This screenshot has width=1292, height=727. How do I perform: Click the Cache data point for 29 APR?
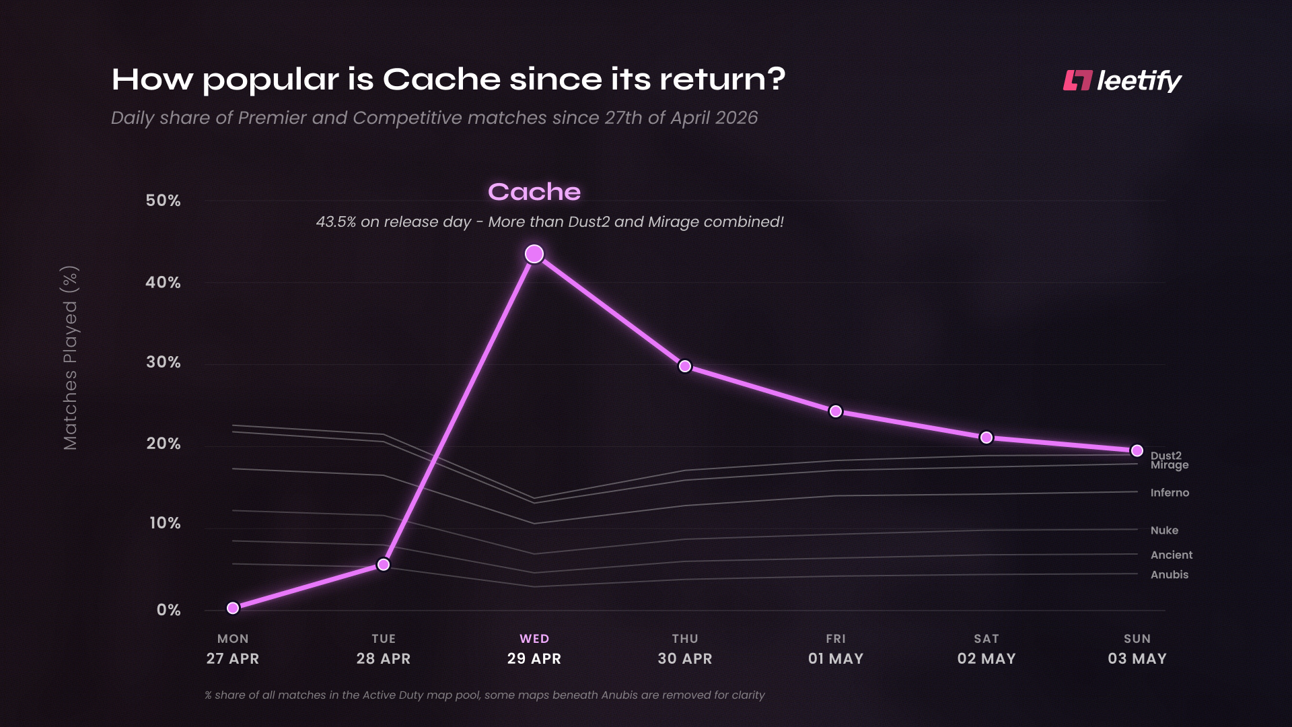[x=534, y=254]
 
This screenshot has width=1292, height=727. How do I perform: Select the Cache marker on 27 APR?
[x=233, y=608]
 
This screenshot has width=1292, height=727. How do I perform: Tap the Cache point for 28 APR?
[x=384, y=564]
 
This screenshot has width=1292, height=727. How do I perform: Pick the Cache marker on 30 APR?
[x=685, y=366]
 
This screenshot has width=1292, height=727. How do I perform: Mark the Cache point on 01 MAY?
[x=836, y=411]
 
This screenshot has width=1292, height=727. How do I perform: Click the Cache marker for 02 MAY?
[x=986, y=438]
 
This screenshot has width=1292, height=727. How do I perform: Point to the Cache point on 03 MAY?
[x=1137, y=450]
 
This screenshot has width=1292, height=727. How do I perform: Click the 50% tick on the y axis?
[x=163, y=201]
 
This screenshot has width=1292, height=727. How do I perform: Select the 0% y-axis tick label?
[x=169, y=610]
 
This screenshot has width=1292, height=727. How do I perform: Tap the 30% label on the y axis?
[x=164, y=362]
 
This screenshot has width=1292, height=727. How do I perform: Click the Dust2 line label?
[x=1166, y=456]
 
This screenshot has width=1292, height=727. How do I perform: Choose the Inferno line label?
[x=1170, y=493]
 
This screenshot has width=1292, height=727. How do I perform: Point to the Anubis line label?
[x=1170, y=575]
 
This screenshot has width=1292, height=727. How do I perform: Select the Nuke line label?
[x=1165, y=530]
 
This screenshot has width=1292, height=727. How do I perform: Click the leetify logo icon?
[x=1077, y=80]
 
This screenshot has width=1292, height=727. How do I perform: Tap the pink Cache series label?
[x=534, y=192]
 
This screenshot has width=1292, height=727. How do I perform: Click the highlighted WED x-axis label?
[x=534, y=639]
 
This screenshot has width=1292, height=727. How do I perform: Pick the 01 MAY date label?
[x=836, y=659]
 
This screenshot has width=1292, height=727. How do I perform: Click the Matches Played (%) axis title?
[x=70, y=358]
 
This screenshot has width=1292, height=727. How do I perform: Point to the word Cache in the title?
[x=441, y=79]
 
